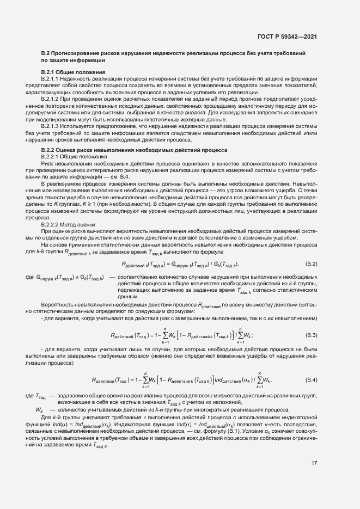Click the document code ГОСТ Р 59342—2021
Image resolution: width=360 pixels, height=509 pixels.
click(287, 37)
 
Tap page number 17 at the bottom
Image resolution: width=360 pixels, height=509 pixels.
click(314, 463)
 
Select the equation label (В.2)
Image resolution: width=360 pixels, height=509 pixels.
click(312, 263)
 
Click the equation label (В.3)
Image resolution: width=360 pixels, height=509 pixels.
click(312, 335)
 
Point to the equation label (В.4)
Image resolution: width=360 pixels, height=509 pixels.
click(312, 379)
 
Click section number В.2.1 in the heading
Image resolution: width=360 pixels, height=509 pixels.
click(50, 72)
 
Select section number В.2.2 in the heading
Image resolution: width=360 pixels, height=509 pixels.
click(50, 150)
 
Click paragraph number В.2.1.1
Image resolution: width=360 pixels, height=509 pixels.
click(52, 79)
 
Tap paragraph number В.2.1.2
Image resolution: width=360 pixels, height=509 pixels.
click(52, 100)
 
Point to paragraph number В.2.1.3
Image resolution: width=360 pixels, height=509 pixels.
click(52, 125)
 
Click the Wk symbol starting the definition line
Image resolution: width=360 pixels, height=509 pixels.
click(39, 410)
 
